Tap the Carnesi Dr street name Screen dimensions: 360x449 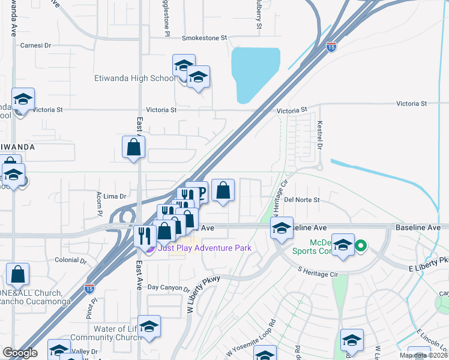37,45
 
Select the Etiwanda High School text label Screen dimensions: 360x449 135,78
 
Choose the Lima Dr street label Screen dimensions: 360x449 114,196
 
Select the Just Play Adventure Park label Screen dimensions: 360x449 204,248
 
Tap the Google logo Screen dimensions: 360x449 20,353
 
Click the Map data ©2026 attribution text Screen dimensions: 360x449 423,356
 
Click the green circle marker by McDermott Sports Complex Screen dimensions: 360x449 361,245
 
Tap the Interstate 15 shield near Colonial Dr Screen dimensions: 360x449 89,287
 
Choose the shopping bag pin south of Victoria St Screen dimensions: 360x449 133,148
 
